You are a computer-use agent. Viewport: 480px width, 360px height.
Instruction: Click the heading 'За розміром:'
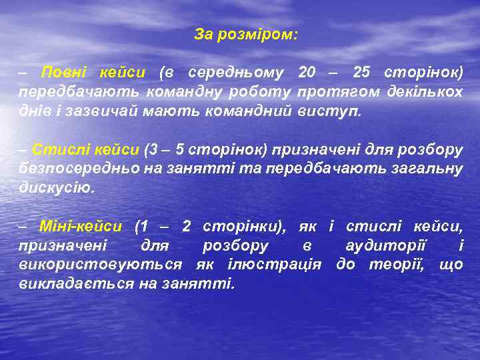click(246, 34)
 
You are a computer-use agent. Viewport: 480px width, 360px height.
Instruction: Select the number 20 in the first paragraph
click(308, 71)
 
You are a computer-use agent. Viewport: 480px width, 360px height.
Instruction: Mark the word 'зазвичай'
click(102, 110)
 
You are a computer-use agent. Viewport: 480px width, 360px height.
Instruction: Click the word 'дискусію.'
click(57, 187)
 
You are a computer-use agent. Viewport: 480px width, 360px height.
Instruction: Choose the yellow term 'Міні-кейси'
click(80, 226)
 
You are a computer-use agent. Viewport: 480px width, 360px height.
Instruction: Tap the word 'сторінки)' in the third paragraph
click(244, 226)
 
